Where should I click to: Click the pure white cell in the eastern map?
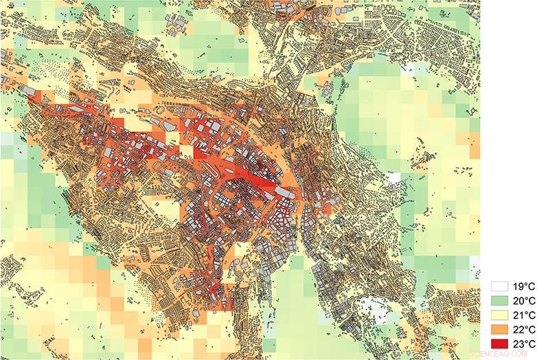(x=393, y=178)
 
